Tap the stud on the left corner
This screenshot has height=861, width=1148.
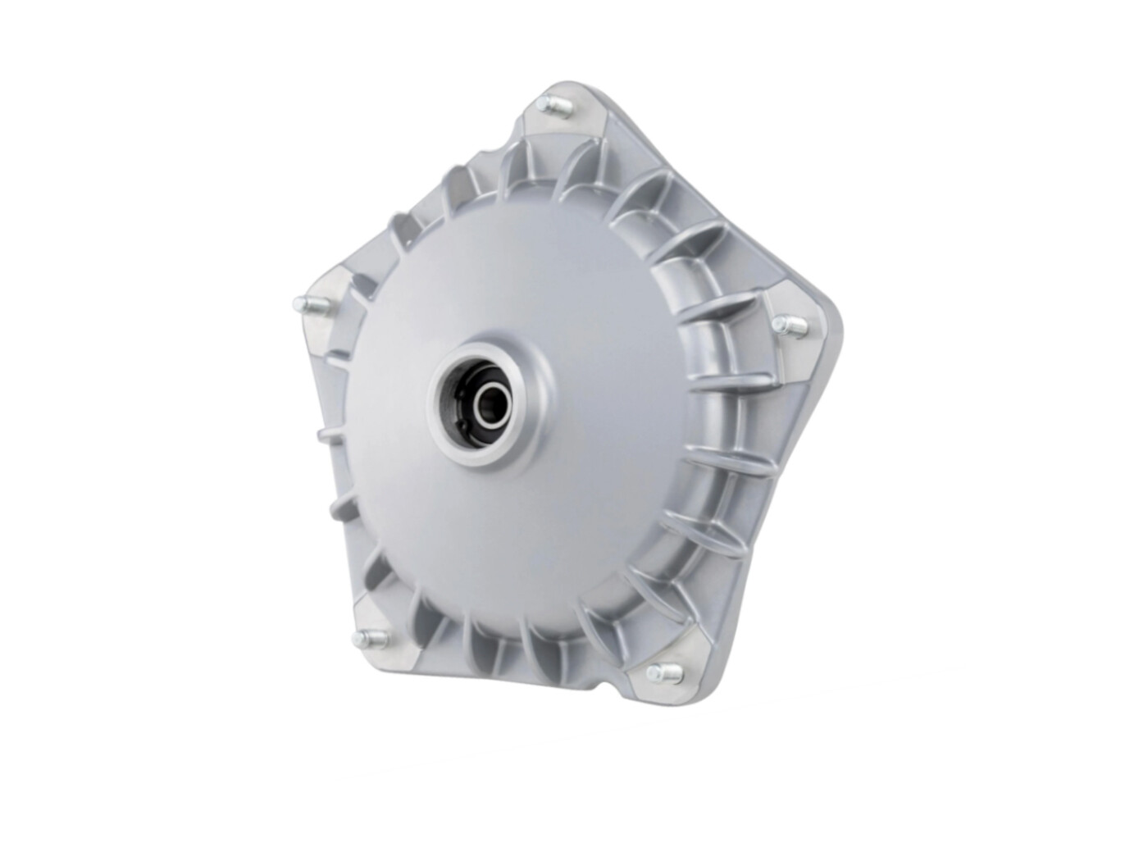305,306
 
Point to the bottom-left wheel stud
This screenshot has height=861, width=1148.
363,638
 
